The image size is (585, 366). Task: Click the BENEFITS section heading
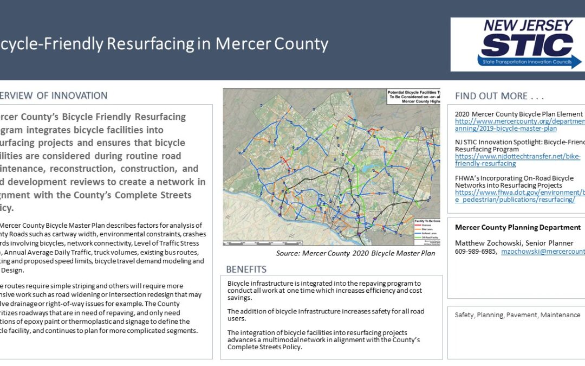246,269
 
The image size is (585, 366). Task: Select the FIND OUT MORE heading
499,96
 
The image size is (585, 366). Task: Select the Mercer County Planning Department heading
517,227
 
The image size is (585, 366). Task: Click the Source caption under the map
355,253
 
